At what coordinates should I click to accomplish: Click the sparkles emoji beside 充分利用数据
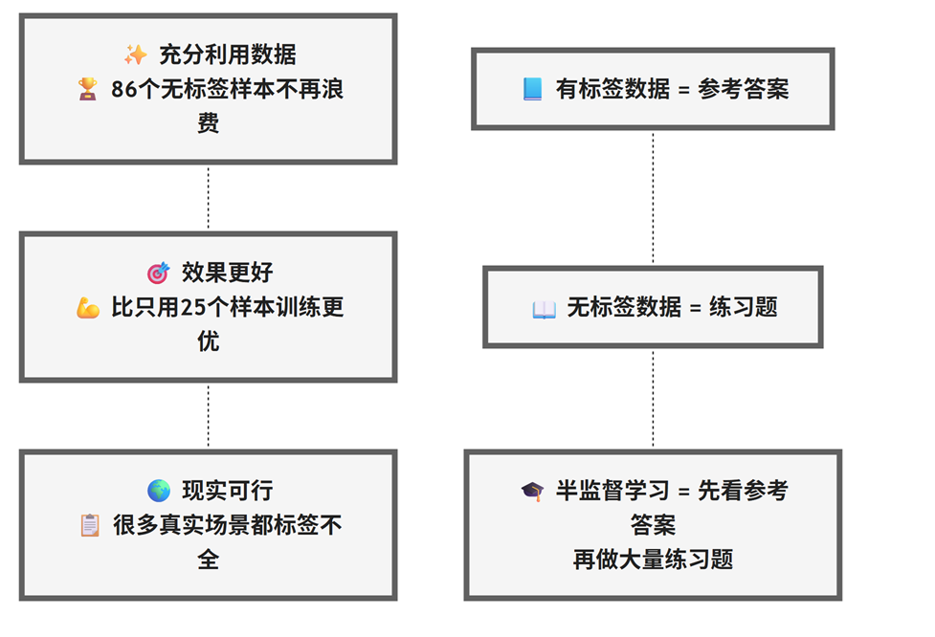[x=135, y=55]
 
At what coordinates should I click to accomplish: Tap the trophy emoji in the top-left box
[x=88, y=89]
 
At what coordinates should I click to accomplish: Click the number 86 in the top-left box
[x=124, y=89]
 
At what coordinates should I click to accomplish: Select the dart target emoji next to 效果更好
[x=158, y=273]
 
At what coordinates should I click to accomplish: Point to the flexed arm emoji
[x=88, y=307]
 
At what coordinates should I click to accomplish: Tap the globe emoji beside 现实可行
[x=158, y=491]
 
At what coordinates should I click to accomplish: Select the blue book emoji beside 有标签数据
[x=532, y=89]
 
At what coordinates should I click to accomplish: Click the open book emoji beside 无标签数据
[x=544, y=308]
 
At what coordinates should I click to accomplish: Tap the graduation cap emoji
[x=532, y=491]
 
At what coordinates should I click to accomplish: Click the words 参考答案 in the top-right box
[x=744, y=89]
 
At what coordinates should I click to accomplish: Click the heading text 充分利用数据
[x=220, y=55]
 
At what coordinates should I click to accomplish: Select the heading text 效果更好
[x=227, y=273]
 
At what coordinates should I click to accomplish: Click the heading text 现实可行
[x=227, y=491]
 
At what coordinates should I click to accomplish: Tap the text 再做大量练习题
[x=653, y=560]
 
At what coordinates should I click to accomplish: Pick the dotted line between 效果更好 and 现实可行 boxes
[x=208, y=416]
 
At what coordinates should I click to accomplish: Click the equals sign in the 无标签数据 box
[x=695, y=308]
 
